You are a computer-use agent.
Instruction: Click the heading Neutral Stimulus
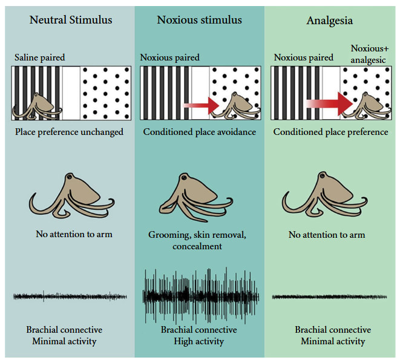click(x=71, y=20)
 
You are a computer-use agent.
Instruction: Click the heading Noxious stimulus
click(x=199, y=20)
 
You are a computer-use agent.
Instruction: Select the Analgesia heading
click(x=329, y=20)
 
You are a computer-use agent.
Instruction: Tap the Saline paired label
click(x=40, y=57)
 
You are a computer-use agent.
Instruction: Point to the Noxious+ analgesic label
click(x=370, y=53)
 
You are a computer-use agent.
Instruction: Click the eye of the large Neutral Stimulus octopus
click(x=70, y=177)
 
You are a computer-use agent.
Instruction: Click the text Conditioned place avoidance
click(x=199, y=132)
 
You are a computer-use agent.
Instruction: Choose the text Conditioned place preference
click(x=330, y=132)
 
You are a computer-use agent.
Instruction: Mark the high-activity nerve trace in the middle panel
click(x=201, y=296)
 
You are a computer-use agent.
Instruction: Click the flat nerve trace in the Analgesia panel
click(x=330, y=297)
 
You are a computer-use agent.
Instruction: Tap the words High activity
click(x=198, y=341)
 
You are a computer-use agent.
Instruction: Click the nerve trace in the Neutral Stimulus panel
click(x=70, y=296)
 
